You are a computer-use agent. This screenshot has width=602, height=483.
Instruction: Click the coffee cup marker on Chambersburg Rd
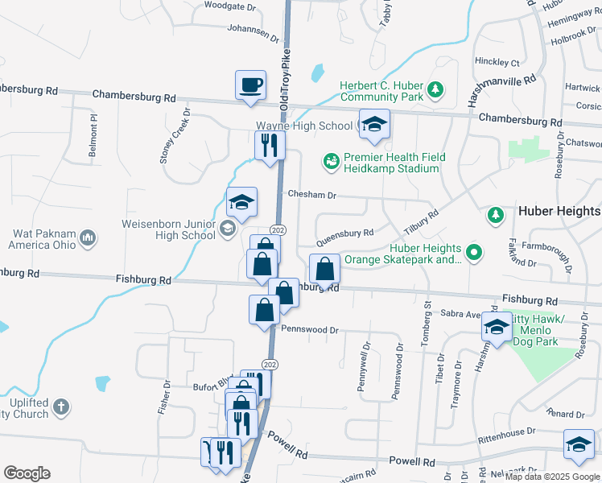point(250,85)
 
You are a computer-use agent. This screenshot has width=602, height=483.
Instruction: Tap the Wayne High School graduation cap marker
point(374,124)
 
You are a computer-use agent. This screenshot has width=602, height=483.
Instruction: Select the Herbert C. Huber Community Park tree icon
point(435,89)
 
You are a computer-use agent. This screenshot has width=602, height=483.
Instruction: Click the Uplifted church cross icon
point(62,407)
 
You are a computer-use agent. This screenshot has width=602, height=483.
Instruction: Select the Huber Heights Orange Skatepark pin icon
point(475,254)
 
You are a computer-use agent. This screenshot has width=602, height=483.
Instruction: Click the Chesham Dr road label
point(311,195)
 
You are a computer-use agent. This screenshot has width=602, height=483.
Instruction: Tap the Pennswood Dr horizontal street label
point(310,329)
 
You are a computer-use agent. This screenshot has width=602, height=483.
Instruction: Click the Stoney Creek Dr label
point(175,136)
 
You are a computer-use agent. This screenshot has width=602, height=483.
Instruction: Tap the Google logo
point(27,473)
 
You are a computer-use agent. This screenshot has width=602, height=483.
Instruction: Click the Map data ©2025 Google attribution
point(551,477)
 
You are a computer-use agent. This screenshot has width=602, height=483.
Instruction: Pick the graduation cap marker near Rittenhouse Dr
point(579,445)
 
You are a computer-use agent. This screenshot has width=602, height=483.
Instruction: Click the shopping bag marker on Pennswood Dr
point(265,310)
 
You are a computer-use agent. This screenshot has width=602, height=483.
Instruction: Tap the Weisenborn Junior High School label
point(169,229)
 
